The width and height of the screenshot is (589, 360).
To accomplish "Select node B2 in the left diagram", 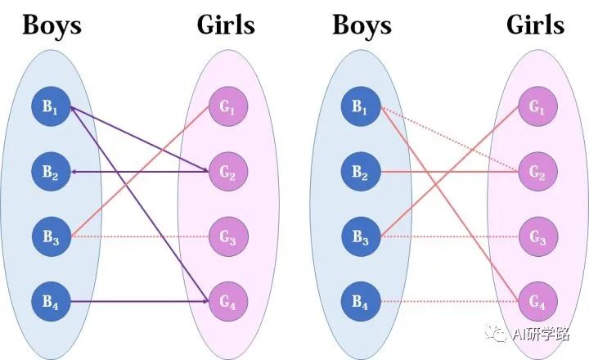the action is point(52,172).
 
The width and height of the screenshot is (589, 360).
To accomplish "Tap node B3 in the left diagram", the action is point(52,237).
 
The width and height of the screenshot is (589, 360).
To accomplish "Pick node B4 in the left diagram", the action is point(52,303).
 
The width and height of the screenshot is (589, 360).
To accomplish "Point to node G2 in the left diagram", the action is point(225,172).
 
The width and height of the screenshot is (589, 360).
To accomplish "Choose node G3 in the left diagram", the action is point(225,237).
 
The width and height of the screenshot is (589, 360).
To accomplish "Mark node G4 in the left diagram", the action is point(225,303).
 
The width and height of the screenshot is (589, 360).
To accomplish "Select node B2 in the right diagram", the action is point(362,172).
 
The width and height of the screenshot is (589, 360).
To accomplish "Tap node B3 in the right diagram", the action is point(362,237).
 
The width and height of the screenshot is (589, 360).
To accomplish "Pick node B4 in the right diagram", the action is point(362,303).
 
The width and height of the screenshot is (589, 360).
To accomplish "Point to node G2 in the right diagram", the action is point(536,172).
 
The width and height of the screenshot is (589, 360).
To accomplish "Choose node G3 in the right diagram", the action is point(536,237).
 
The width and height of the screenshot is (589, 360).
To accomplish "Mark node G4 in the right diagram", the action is point(536,303).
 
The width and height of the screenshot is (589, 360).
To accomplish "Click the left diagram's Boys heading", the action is point(52,25).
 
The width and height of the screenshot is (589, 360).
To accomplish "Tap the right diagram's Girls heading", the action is point(536,25).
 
